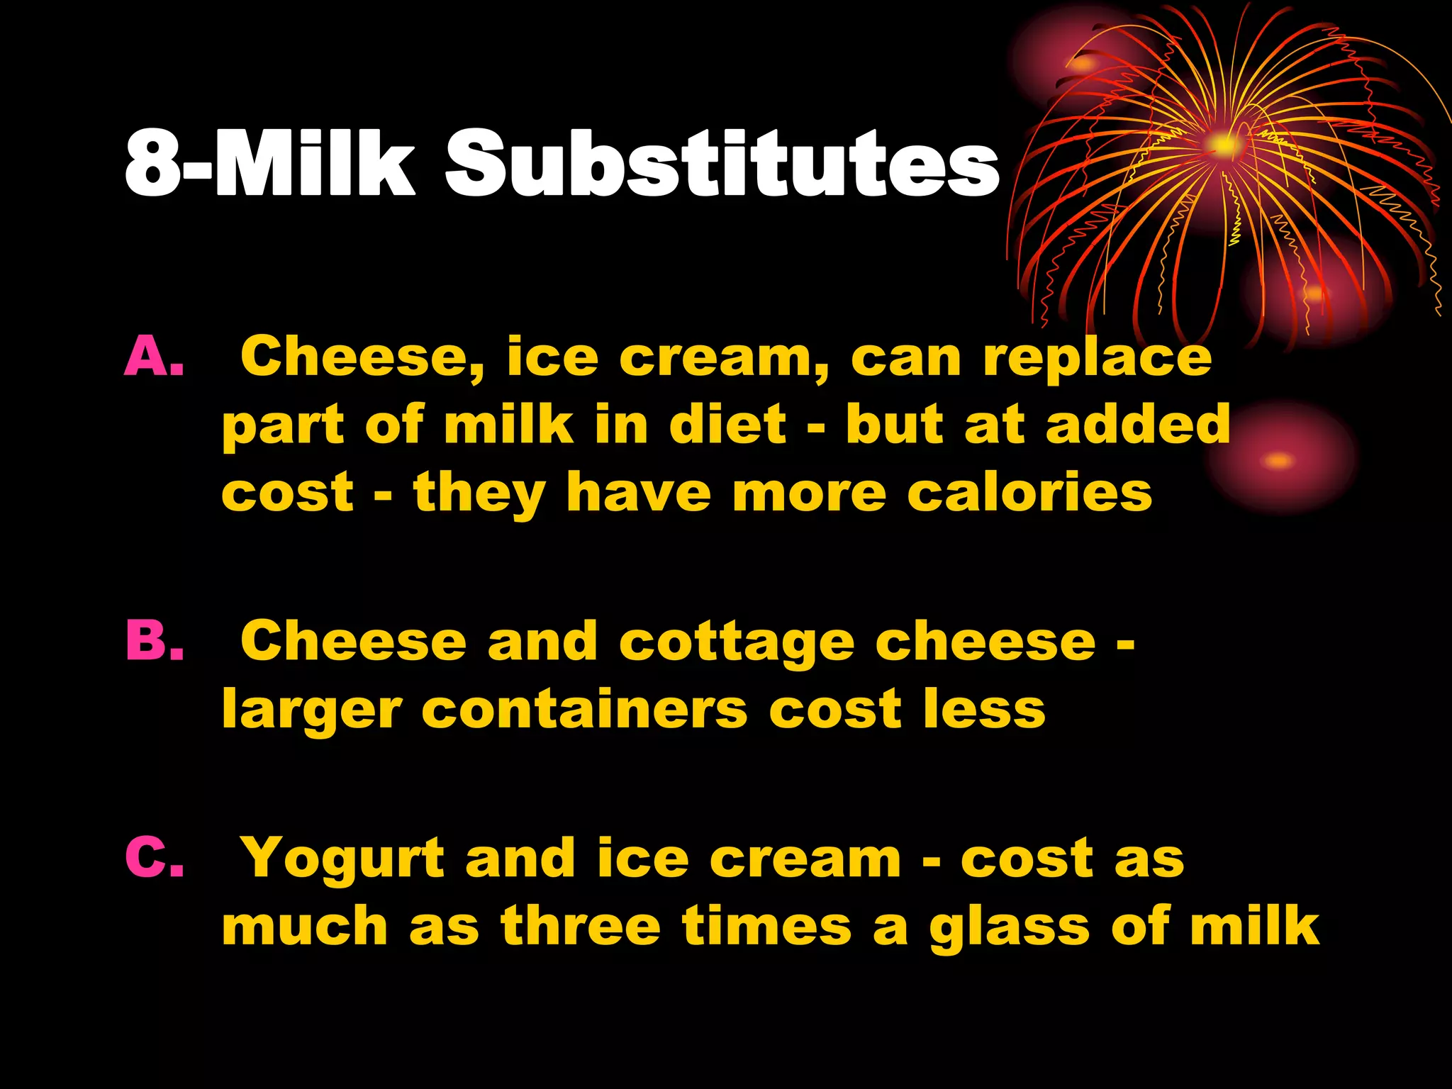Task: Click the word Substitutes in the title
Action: pos(721,164)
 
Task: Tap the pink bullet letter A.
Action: pos(154,357)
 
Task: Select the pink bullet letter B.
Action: pos(155,640)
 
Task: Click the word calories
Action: pos(1029,493)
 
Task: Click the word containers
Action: pos(585,709)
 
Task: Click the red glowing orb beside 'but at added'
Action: pos(1280,460)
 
